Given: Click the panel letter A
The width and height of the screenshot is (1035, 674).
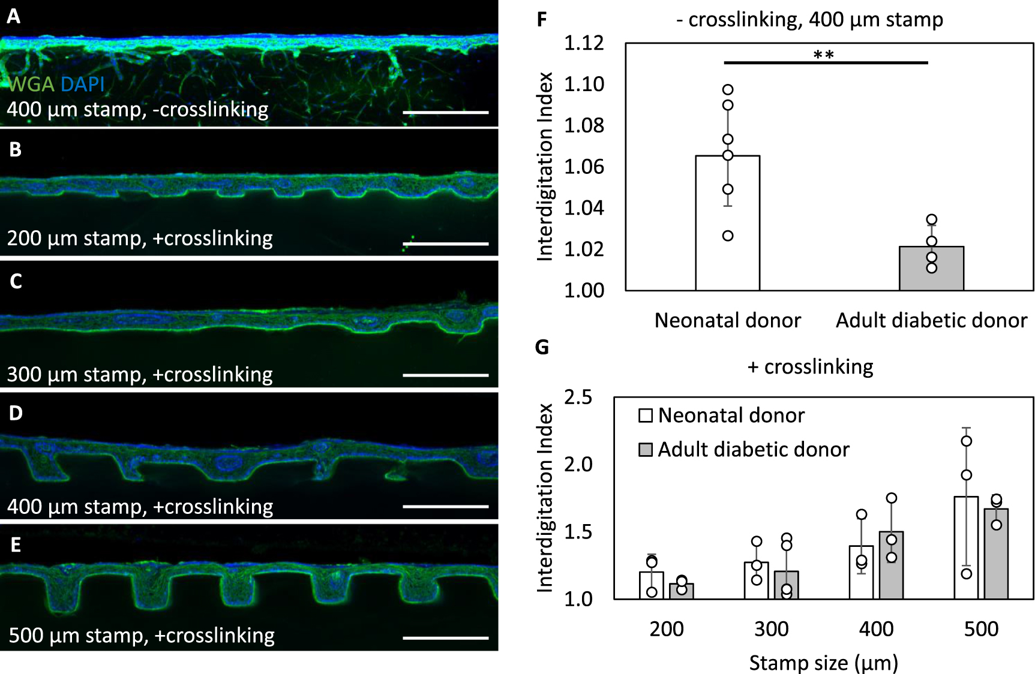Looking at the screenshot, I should [13, 16].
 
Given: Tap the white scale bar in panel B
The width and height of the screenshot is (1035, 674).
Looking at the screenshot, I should [445, 244].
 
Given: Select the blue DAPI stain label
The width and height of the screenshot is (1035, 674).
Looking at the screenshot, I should [83, 84].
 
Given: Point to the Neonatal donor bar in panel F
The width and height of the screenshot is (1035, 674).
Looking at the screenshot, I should [727, 228].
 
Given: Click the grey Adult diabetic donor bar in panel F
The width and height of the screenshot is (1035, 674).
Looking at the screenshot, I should [931, 269].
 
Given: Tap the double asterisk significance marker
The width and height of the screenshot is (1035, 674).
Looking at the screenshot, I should [824, 55].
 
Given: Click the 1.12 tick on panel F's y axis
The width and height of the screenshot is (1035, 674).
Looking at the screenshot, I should [584, 43].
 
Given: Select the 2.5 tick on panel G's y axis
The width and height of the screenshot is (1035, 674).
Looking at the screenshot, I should [578, 397].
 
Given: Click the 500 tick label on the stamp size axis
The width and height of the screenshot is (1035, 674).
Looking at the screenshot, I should [981, 629].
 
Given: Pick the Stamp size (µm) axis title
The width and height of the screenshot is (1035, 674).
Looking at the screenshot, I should [823, 663].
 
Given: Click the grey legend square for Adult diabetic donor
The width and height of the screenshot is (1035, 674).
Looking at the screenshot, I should [646, 450].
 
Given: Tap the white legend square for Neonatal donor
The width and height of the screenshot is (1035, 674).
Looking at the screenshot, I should [646, 416].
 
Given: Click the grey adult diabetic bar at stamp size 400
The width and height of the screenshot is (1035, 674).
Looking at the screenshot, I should [891, 567].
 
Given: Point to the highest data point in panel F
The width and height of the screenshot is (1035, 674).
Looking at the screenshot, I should [728, 90].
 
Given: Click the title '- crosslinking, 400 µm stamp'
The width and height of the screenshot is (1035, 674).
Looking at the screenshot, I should [809, 20].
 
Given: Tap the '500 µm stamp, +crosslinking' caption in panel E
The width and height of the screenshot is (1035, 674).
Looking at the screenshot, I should [142, 635].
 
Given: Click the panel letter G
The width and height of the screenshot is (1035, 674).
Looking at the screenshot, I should [542, 347].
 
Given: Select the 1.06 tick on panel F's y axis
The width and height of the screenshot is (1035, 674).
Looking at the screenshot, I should [584, 167].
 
